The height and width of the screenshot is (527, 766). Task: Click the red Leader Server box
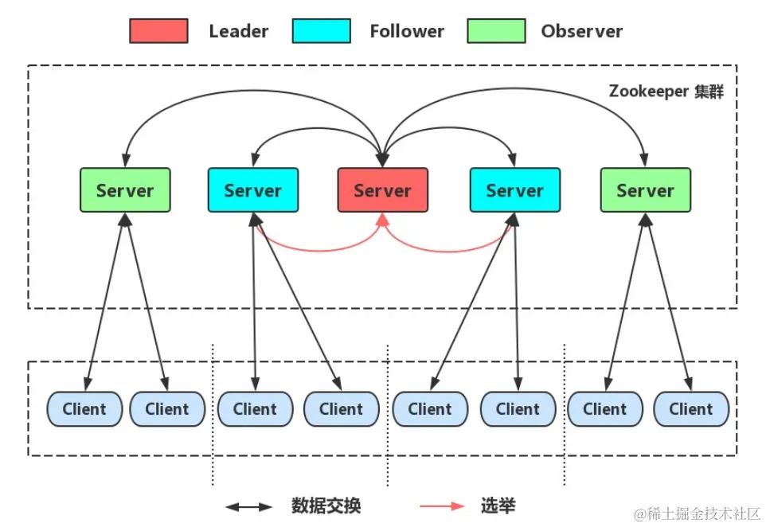click(x=382, y=190)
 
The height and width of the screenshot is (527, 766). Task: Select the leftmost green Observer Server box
click(x=125, y=190)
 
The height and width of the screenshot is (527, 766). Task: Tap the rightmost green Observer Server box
click(x=645, y=190)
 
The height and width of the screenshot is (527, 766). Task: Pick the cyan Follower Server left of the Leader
click(x=253, y=190)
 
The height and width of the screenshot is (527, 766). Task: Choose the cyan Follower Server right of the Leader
click(x=514, y=190)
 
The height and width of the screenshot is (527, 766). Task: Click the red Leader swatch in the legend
click(x=158, y=31)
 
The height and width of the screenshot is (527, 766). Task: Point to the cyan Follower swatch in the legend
click(x=322, y=31)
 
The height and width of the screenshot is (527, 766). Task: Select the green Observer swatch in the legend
click(x=496, y=31)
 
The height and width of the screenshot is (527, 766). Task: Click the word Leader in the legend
click(x=239, y=32)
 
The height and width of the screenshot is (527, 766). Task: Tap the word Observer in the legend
click(x=581, y=32)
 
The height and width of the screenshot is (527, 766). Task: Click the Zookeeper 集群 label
click(x=666, y=92)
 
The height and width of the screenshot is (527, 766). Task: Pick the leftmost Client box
click(x=84, y=409)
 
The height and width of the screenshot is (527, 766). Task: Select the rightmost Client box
click(x=690, y=409)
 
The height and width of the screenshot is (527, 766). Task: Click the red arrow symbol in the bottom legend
click(x=442, y=506)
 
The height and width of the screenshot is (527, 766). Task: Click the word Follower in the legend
click(x=407, y=32)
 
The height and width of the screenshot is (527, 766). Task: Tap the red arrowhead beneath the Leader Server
click(x=382, y=220)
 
